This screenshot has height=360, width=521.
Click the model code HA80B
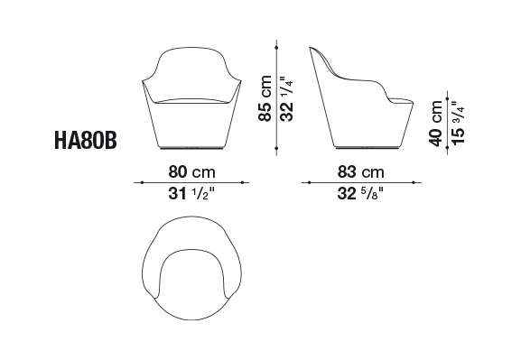coord(86,140)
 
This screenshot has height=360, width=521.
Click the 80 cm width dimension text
coord(192,172)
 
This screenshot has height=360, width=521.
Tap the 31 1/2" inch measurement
coord(192,193)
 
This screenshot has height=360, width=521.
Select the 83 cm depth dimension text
coord(361,172)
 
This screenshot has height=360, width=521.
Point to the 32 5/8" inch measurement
coord(360,193)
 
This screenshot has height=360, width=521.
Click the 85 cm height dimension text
coord(265,98)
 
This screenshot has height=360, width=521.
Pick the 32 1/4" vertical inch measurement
coord(286,98)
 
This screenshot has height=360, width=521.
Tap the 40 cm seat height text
coord(435,123)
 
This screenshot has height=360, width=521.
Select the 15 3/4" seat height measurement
coord(458,123)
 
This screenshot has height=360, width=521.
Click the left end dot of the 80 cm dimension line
coord(142,182)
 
